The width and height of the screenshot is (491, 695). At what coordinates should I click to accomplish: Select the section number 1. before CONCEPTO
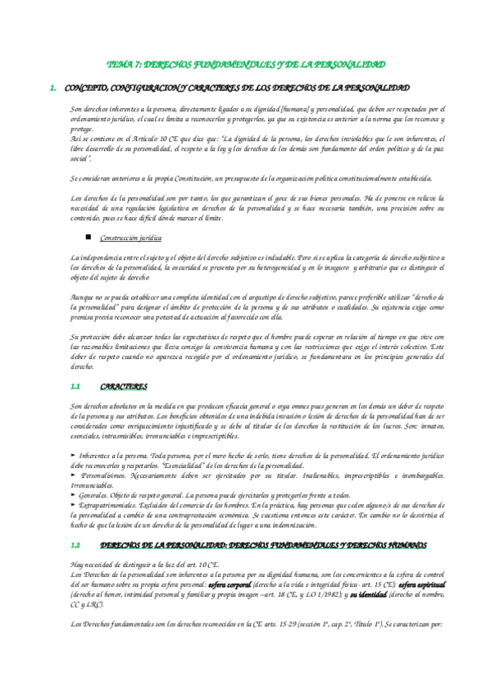[53, 86]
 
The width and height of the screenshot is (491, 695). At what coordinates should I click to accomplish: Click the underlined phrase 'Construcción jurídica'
[130, 238]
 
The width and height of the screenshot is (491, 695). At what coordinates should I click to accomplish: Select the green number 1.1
[75, 385]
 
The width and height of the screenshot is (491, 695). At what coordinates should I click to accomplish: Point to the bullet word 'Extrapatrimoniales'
[113, 506]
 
